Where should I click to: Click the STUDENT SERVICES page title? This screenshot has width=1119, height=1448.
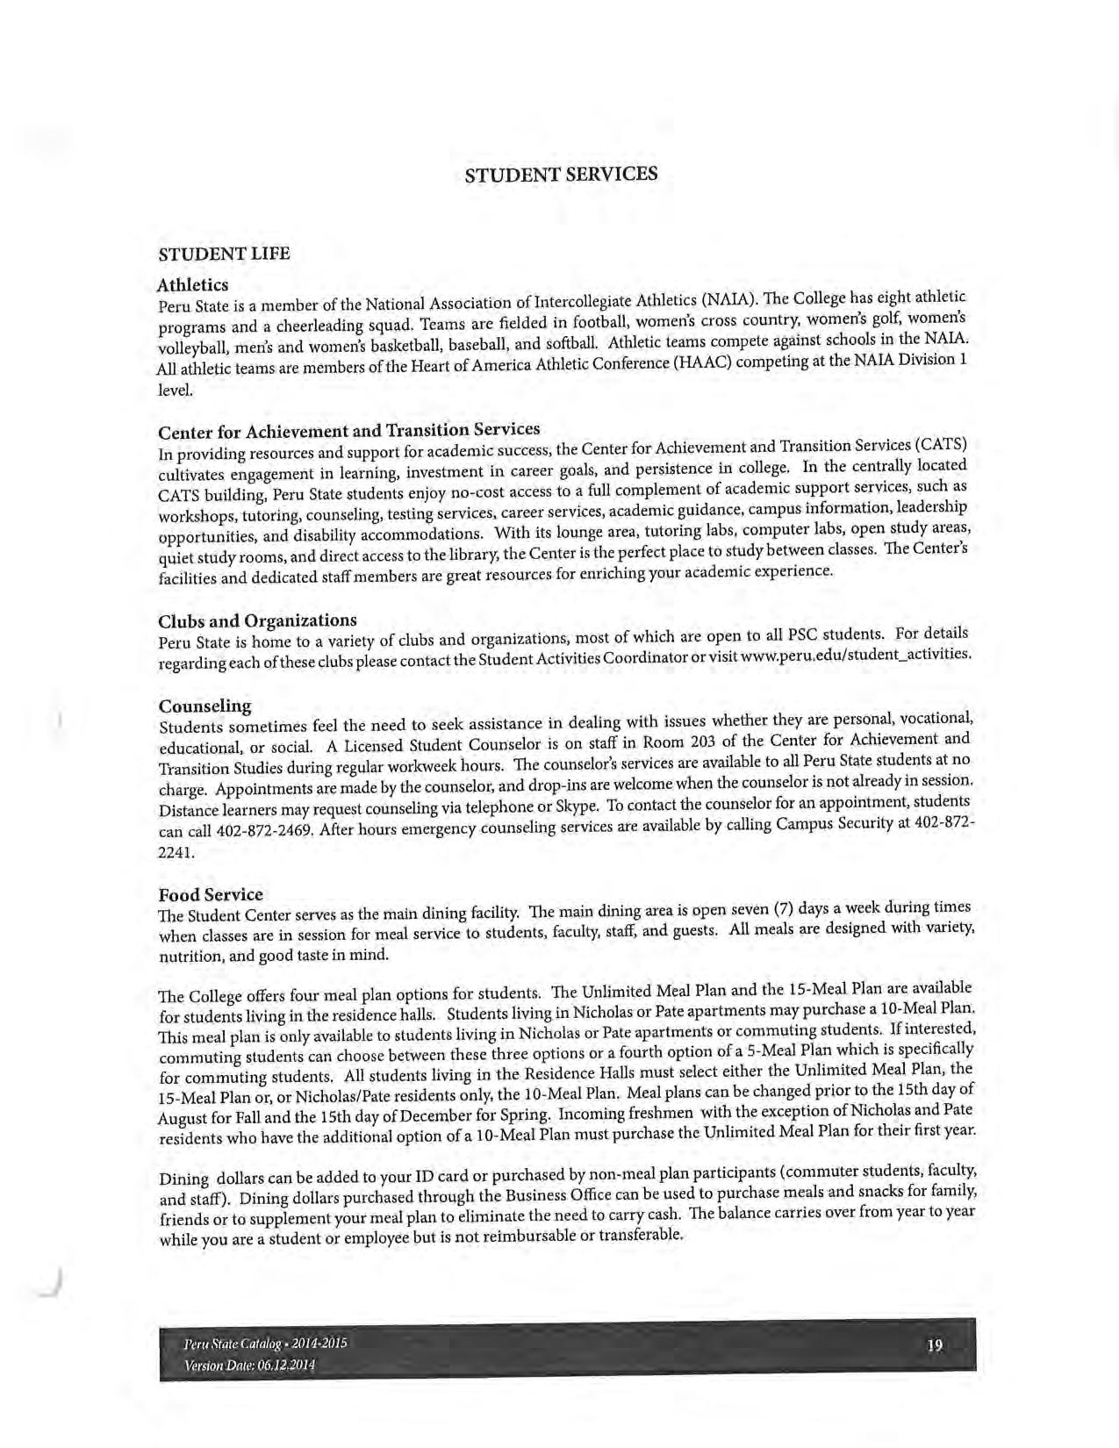tap(560, 174)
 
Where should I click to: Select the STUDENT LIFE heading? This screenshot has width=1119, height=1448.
tap(223, 254)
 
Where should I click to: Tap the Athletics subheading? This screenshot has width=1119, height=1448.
tap(192, 285)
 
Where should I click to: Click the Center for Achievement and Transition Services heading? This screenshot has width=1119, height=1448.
tap(348, 431)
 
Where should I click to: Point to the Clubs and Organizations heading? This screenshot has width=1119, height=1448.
tap(257, 621)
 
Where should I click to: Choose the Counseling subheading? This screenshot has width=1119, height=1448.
tap(204, 706)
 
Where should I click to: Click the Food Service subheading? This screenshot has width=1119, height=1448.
tap(211, 894)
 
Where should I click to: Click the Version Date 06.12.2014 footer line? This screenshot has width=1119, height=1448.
tap(250, 1366)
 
